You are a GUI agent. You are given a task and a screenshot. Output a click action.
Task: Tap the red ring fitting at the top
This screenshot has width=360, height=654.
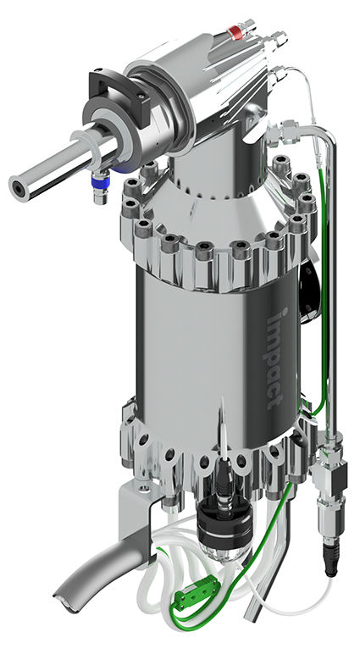235,31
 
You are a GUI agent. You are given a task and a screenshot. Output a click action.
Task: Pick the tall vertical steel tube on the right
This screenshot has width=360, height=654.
332,292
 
